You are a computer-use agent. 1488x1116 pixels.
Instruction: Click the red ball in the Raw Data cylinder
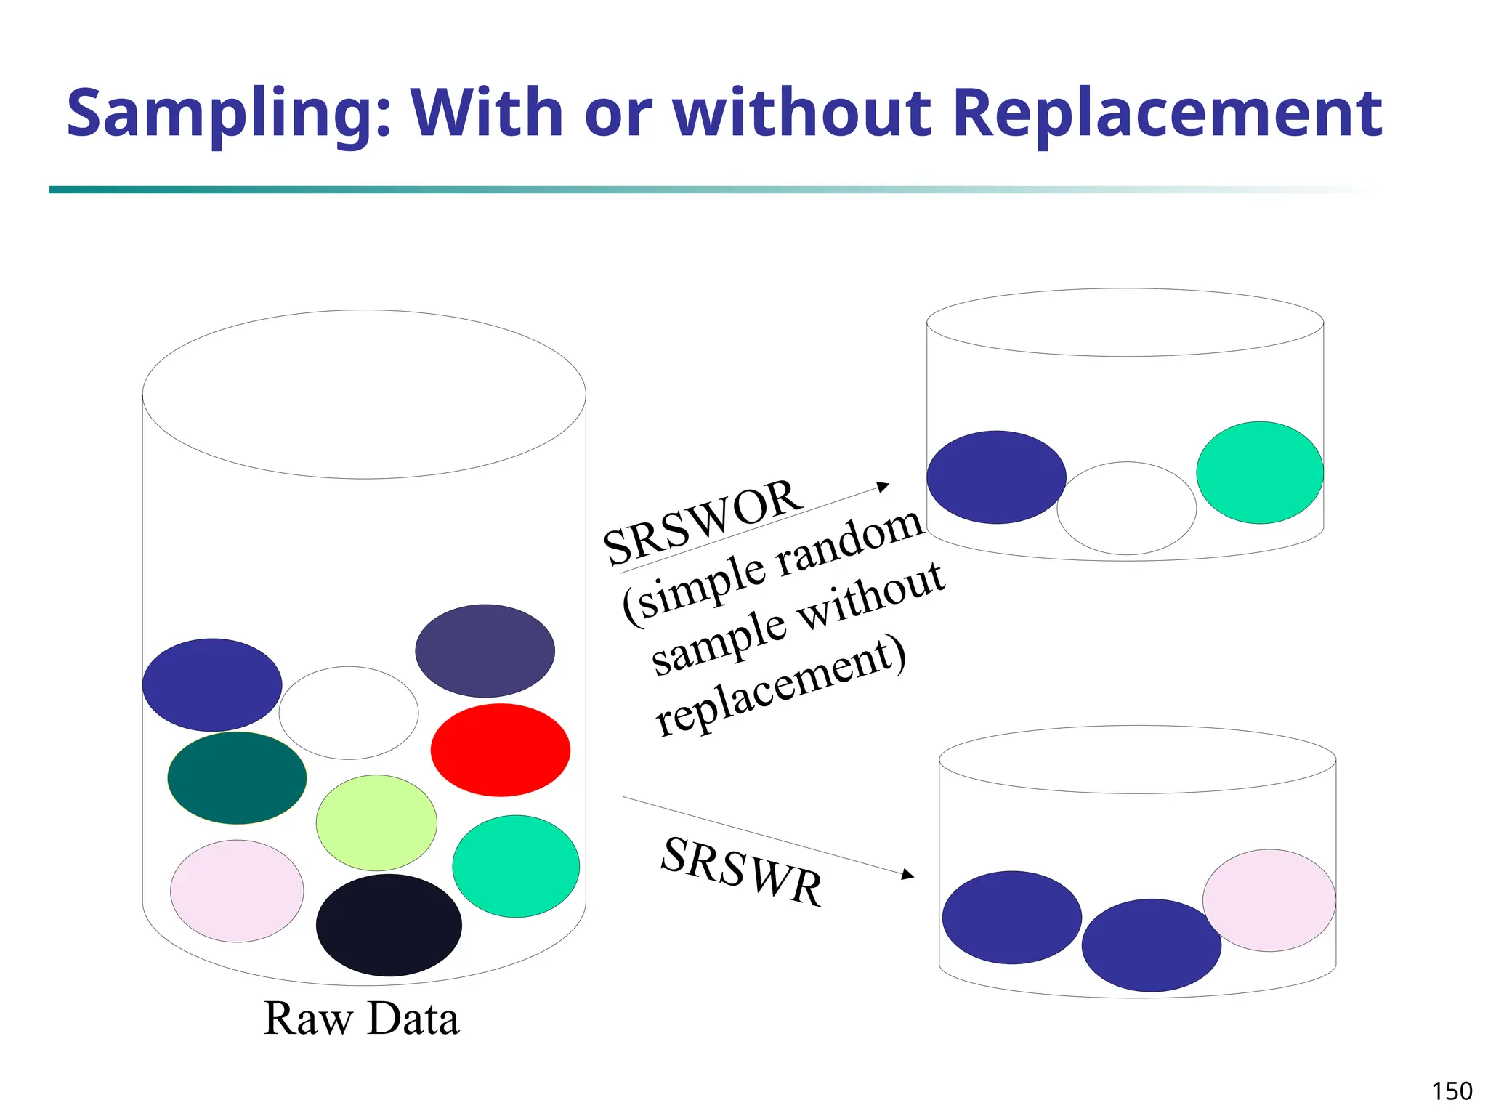point(500,750)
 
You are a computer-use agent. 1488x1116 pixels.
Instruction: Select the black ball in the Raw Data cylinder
point(389,925)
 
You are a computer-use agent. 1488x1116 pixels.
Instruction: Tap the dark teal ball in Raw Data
point(237,778)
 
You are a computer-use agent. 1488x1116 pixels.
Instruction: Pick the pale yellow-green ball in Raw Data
point(376,822)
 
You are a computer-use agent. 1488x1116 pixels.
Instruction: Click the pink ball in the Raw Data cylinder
point(237,891)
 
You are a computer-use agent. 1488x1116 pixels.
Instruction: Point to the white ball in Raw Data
point(349,713)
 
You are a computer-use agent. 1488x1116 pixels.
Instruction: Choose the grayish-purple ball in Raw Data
point(485,651)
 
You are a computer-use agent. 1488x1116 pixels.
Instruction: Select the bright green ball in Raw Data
point(516,866)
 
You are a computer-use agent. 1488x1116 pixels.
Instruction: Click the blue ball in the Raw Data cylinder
point(212,685)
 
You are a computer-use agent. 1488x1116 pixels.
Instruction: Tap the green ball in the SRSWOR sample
point(1260,472)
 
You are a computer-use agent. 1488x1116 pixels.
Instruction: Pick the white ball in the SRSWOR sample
point(1126,509)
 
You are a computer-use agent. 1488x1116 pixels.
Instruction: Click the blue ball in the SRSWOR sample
point(996,477)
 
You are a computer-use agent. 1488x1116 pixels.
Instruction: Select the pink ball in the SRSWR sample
point(1269,900)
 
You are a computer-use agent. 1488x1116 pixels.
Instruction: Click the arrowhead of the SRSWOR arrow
point(883,486)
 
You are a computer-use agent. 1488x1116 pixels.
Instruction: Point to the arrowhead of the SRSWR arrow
point(907,875)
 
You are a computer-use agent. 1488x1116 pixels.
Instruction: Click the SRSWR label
point(742,871)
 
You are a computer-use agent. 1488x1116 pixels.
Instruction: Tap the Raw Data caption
point(361,1019)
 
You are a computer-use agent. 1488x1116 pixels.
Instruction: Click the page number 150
point(1452,1091)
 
